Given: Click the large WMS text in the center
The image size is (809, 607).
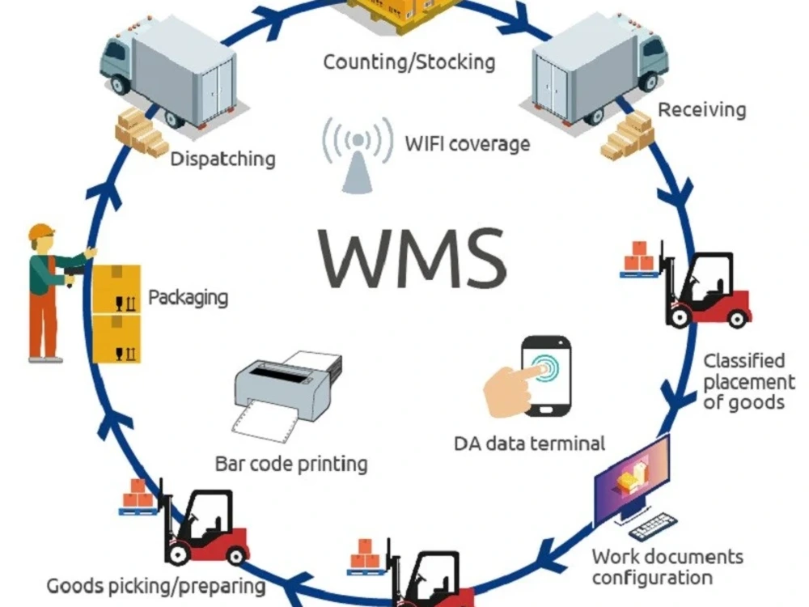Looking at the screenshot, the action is pos(412,258).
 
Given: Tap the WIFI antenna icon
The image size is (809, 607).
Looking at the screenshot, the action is pos(358,155).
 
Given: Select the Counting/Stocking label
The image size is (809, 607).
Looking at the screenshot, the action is pos(409,62).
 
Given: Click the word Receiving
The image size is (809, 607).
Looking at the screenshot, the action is pos(702,110).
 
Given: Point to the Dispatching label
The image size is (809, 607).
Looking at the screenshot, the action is pos(223,159).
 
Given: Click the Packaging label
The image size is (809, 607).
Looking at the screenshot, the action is pos(188,298).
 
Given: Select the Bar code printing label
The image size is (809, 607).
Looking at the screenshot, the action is pos(291,464).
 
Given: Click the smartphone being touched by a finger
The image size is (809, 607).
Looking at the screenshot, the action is pos(546,376).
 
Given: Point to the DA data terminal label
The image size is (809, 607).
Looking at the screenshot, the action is pos(529,444).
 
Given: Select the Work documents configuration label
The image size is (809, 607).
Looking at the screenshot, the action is pos(667,567).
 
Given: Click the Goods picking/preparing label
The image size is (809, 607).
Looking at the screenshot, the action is pos(156,586).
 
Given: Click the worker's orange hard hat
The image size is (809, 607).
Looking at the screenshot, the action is pos(41,231).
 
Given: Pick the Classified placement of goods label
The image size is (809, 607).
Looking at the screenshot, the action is pos(749,381).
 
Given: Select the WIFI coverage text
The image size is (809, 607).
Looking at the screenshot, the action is pos(468,143).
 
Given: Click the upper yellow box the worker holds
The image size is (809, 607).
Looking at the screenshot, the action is pos(116,289).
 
